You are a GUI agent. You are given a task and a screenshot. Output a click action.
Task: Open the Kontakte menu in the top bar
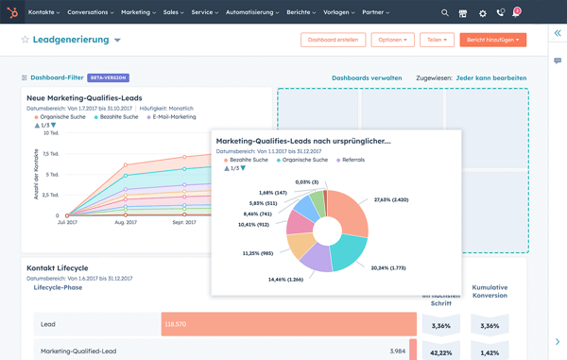coord(43,13)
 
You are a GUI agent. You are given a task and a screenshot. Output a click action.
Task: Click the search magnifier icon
coord(445,13)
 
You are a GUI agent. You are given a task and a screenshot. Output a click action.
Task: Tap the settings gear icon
coord(483,13)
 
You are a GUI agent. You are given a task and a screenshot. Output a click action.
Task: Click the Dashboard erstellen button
coord(333,40)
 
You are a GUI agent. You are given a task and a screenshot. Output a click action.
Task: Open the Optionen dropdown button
coord(392,40)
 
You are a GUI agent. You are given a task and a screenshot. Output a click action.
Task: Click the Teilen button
coord(436,40)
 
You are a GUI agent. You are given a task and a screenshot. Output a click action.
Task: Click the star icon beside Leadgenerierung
coord(26,41)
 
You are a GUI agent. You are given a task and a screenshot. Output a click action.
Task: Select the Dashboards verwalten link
coord(367,78)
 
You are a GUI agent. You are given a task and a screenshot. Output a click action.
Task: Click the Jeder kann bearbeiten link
coord(491,78)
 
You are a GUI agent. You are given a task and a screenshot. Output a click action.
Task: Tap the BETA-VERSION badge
coord(108,78)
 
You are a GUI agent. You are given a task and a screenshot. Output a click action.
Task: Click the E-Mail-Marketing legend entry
coord(173,117)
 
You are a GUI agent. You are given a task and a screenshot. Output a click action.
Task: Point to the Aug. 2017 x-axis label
coord(125,223)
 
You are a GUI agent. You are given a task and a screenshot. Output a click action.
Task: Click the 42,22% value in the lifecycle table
coord(439,352)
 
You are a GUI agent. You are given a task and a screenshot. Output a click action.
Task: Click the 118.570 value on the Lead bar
coord(176,324)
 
